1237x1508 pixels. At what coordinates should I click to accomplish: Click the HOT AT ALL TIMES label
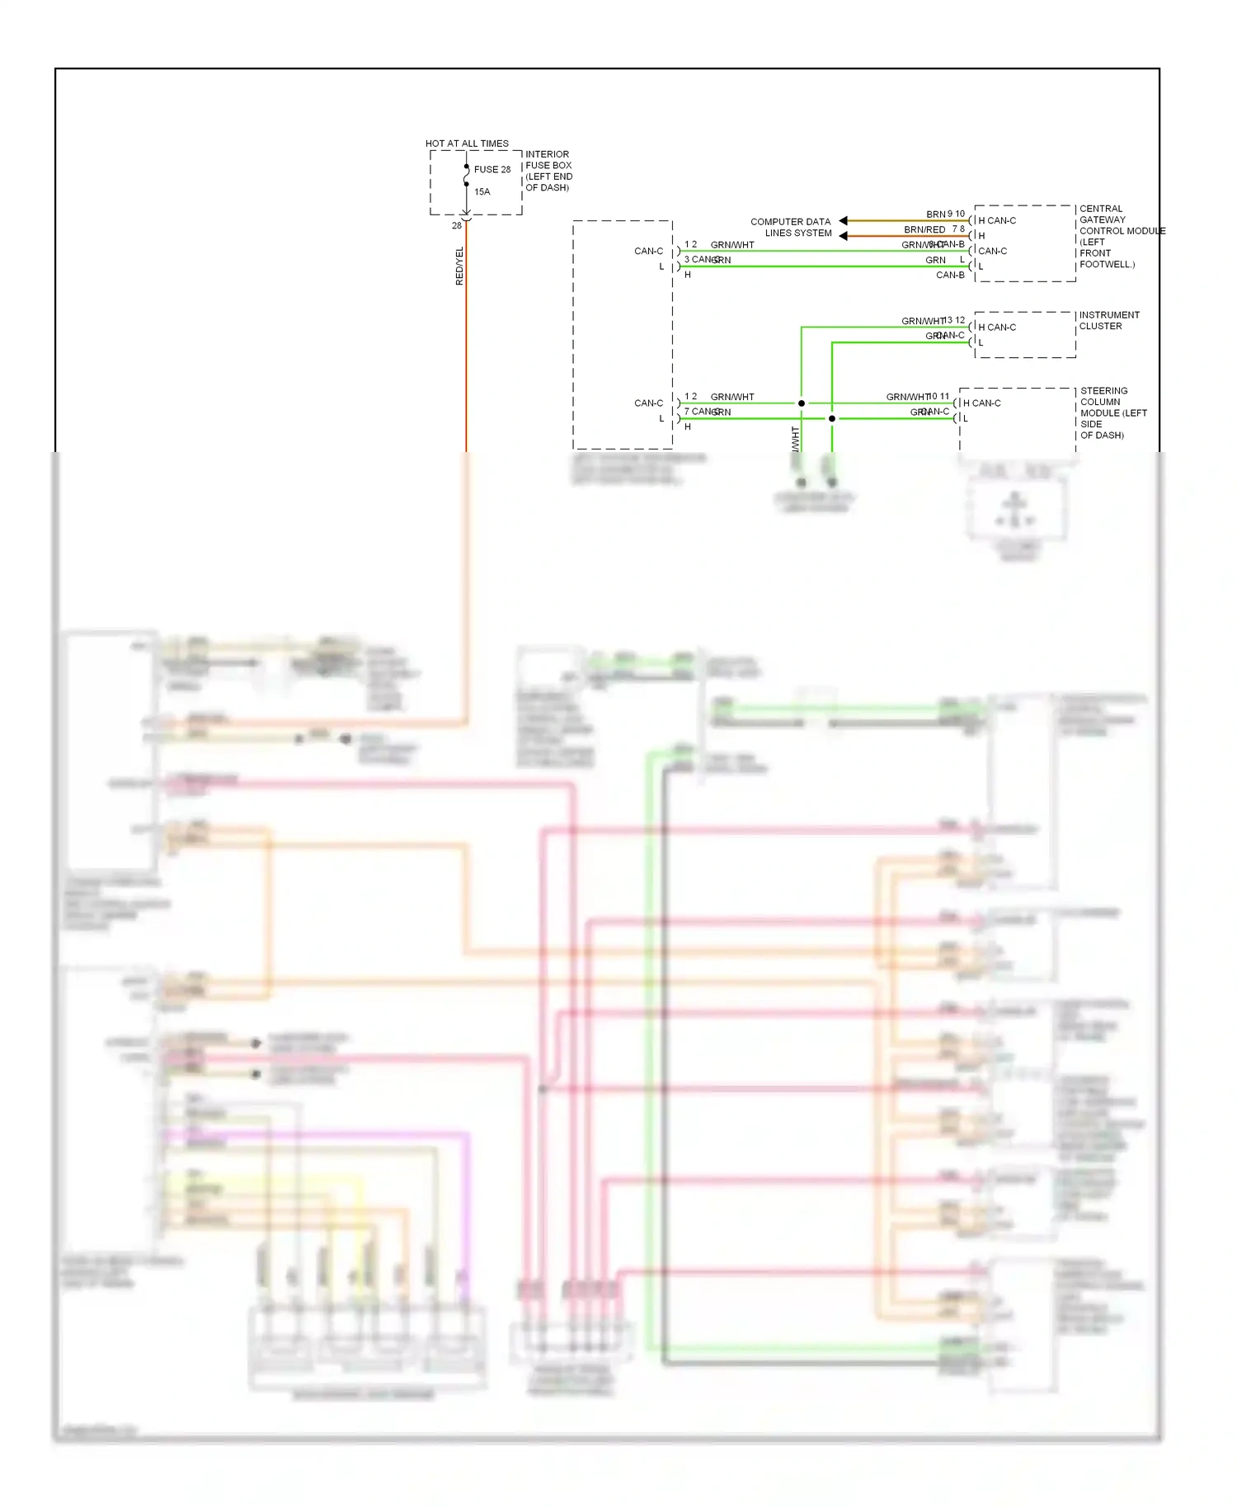pos(467,144)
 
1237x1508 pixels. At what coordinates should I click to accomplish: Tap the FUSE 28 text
pos(492,170)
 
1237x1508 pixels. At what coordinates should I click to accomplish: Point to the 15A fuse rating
pos(482,192)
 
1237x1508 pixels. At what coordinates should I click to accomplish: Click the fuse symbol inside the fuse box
pos(467,176)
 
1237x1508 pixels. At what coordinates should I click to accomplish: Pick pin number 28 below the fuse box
pos(457,226)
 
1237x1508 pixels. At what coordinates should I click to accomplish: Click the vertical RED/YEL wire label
pos(459,266)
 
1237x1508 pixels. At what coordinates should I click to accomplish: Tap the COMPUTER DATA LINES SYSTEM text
pos(791,228)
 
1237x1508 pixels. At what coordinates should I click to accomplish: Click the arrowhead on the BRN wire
pos(844,220)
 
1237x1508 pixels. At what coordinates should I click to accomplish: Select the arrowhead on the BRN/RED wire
pos(844,236)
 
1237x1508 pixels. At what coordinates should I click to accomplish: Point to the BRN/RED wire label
pos(924,230)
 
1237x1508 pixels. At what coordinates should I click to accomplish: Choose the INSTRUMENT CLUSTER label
pos(1109,321)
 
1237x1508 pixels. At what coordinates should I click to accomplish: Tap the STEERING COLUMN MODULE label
pos(1112,413)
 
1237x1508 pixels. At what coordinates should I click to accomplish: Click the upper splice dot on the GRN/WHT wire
pos(801,403)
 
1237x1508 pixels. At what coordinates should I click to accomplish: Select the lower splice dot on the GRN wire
pos(832,419)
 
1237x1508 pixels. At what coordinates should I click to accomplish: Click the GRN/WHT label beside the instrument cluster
pos(922,322)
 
